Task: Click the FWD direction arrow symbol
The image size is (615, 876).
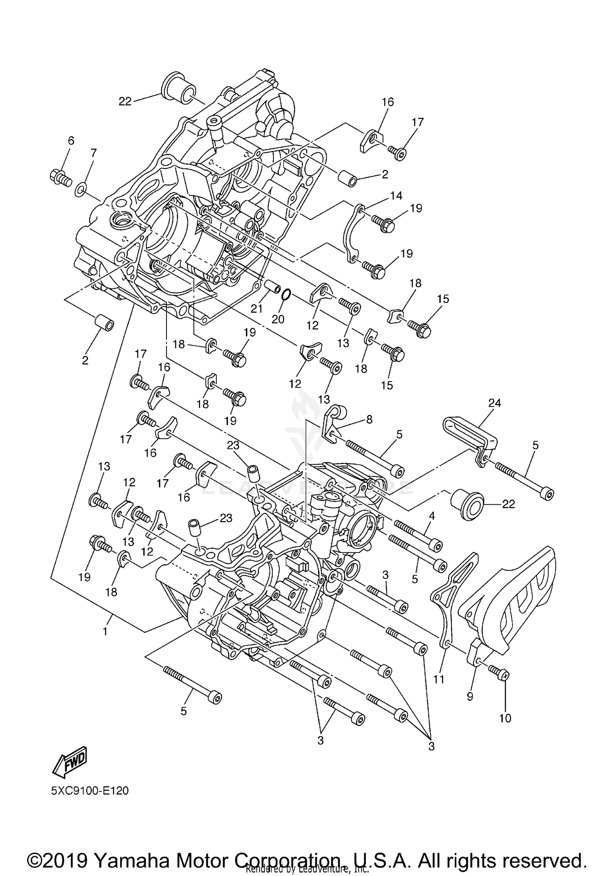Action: coord(70,762)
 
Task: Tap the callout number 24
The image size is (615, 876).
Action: coord(494,403)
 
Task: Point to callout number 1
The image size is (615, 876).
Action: coord(105,631)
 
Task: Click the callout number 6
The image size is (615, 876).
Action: coord(71,141)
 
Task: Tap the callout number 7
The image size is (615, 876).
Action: coord(93,153)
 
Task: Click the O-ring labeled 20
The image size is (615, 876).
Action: coord(287,294)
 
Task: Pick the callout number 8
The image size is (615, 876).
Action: coord(369,419)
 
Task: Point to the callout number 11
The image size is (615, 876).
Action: coord(439,679)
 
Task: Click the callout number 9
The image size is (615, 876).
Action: coord(470,696)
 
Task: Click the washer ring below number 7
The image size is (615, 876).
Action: coord(81,190)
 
